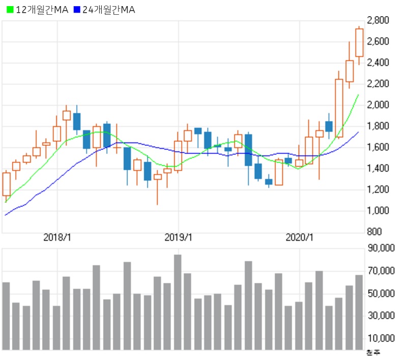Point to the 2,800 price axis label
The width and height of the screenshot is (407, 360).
coord(377,20)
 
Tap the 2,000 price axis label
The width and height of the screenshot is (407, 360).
coord(377,105)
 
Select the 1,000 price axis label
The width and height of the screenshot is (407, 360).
coord(377,211)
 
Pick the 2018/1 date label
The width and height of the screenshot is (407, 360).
coord(57,238)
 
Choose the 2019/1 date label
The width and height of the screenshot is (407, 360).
coord(179,238)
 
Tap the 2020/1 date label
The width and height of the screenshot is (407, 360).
coord(300,238)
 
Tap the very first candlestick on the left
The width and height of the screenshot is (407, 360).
coord(7,184)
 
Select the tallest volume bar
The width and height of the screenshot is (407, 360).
coord(178,302)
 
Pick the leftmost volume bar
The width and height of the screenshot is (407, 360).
coord(7,316)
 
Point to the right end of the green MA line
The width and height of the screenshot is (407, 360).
coord(359,95)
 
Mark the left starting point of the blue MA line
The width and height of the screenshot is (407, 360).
coord(5,215)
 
